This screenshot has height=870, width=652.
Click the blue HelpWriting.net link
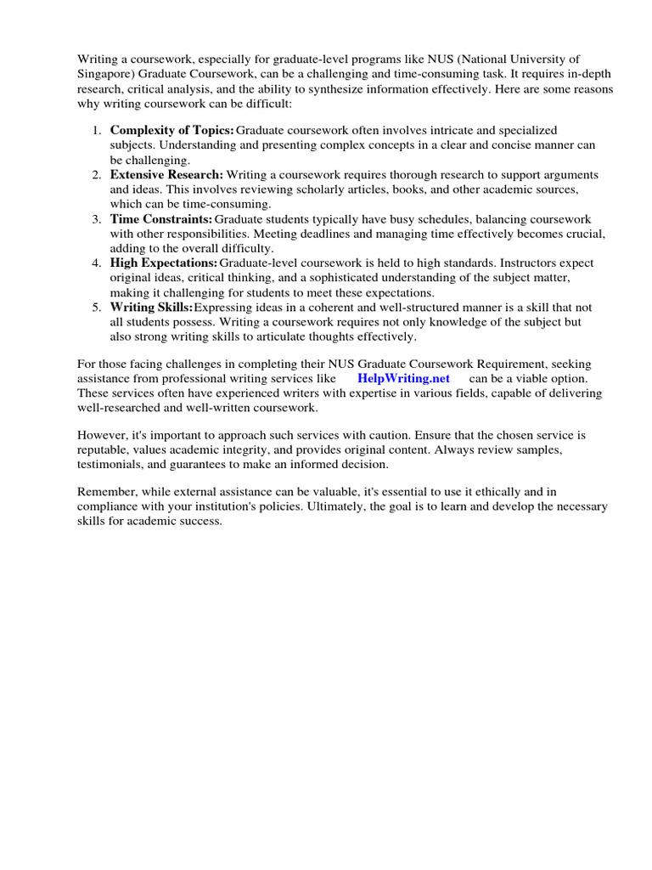403,377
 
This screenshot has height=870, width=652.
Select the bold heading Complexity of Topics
172,130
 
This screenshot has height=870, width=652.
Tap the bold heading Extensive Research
166,174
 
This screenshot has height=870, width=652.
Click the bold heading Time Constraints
161,218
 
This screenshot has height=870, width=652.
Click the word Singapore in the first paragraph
105,74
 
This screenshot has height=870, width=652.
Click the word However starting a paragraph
104,435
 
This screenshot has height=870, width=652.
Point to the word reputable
104,450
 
